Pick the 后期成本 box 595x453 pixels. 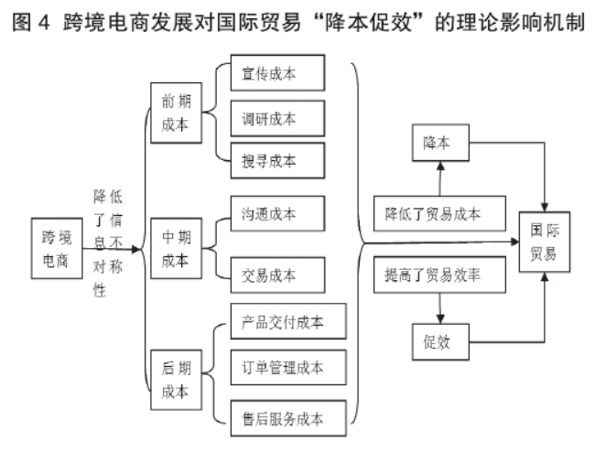click(x=174, y=382)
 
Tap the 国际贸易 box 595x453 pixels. click(x=545, y=240)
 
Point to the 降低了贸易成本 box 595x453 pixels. click(x=439, y=214)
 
